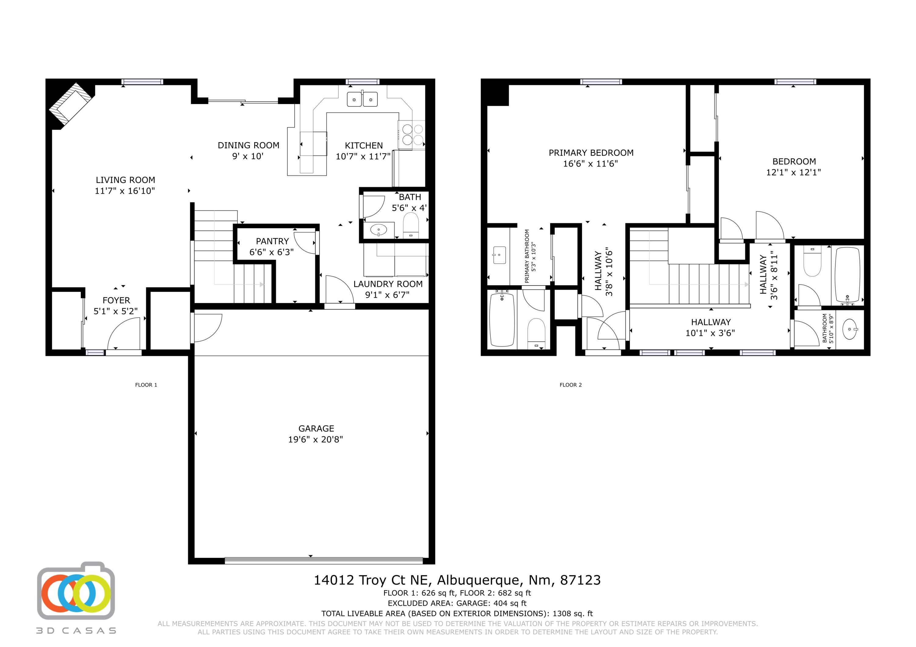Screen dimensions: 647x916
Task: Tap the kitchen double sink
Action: [362, 99]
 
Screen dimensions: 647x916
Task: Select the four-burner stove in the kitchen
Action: [413, 134]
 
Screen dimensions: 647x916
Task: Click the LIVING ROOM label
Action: [125, 180]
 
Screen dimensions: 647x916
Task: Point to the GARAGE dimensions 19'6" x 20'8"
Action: [316, 439]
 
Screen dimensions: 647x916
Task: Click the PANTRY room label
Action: [272, 241]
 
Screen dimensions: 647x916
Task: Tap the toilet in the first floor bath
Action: [410, 225]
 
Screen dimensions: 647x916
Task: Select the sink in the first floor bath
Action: [378, 230]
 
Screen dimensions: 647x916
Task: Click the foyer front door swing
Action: [124, 334]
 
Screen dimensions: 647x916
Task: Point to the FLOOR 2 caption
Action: [570, 385]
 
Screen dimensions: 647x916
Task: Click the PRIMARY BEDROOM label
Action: [591, 153]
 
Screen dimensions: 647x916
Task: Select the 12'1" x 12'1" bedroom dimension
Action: [793, 172]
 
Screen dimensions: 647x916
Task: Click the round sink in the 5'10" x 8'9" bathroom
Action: [850, 329]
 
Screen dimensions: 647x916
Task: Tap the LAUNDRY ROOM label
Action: [388, 284]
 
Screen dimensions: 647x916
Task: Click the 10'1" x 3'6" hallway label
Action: [711, 333]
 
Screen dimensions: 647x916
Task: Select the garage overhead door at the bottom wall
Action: [323, 560]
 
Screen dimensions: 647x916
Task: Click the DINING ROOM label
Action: [248, 146]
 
